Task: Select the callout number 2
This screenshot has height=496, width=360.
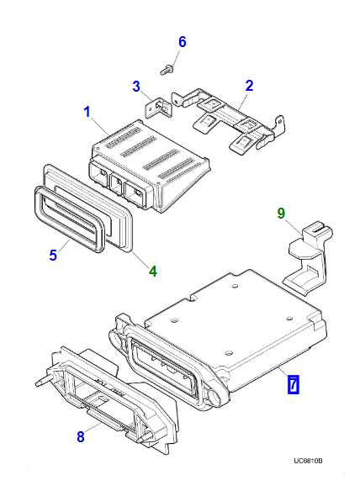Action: (248, 85)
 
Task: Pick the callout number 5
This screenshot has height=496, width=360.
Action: (52, 255)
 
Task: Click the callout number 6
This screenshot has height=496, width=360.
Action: (182, 43)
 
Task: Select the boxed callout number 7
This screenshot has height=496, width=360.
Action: (293, 385)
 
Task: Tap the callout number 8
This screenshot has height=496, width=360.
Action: (81, 436)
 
